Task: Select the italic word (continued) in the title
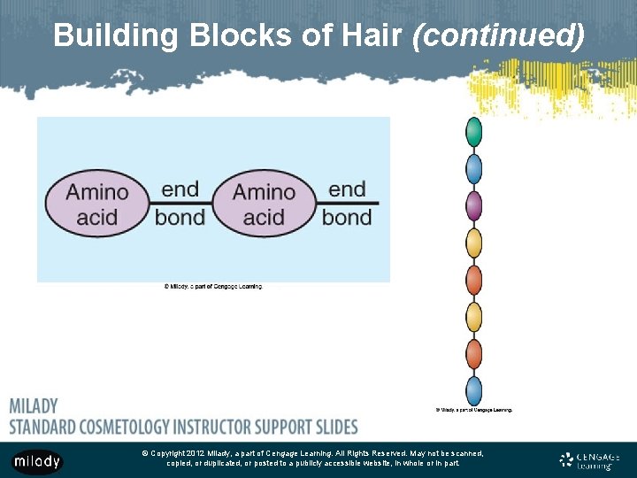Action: [x=498, y=35]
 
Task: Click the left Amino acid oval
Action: [x=98, y=204]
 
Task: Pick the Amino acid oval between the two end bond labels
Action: [x=264, y=204]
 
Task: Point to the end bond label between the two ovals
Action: [x=180, y=203]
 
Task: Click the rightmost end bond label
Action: [x=347, y=203]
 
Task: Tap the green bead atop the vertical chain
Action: [x=474, y=131]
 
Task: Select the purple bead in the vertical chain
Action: [x=474, y=206]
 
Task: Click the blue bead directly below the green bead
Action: [x=474, y=169]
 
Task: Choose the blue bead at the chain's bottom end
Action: [x=474, y=390]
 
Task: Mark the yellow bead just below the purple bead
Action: [x=474, y=243]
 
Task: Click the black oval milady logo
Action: [x=37, y=461]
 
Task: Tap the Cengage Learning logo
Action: [x=589, y=460]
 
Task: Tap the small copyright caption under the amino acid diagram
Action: [x=213, y=286]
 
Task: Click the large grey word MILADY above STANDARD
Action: [x=34, y=406]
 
